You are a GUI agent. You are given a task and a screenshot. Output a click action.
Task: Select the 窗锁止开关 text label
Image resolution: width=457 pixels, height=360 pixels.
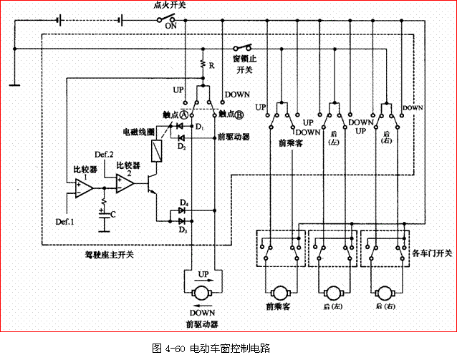click(x=246, y=64)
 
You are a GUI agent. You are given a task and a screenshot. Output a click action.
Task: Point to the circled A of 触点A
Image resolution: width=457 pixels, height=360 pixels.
click(x=183, y=115)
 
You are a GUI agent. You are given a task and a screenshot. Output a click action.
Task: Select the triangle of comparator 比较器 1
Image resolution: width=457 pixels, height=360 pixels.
click(x=82, y=188)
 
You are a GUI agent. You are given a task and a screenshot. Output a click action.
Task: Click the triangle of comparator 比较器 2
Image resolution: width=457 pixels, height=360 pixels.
click(x=125, y=184)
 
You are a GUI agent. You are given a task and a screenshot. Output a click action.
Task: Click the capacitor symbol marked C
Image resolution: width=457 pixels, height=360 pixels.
click(x=105, y=214)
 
